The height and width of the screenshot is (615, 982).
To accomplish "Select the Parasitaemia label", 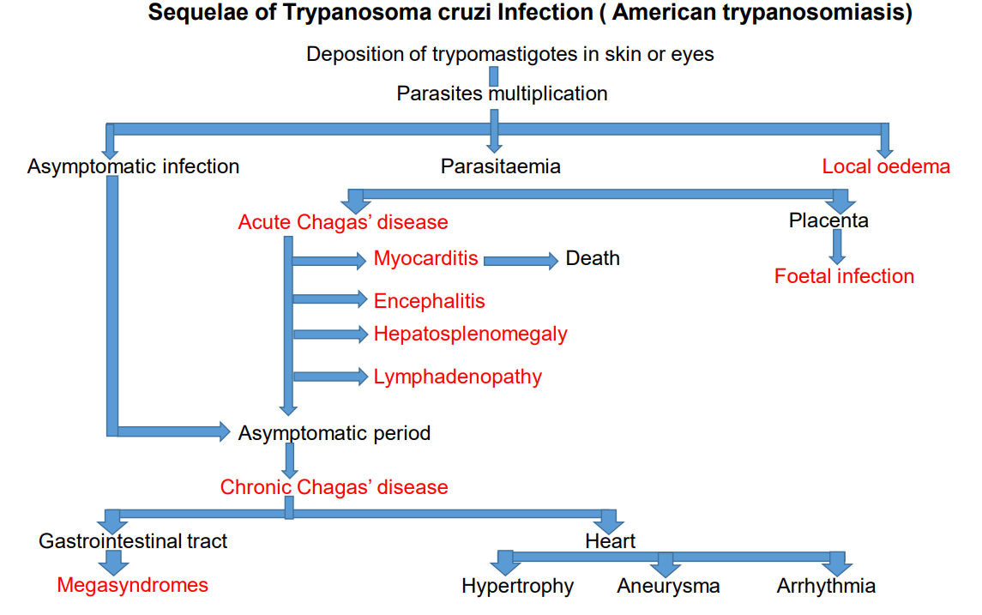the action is [500, 166].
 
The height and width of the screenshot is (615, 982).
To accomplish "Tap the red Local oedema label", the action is [886, 166].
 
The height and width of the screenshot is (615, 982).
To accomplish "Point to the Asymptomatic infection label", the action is [134, 166].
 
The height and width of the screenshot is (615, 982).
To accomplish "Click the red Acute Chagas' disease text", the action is [342, 222].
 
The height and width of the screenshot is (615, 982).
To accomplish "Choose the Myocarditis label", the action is [426, 259].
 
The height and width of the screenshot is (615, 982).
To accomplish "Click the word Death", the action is [593, 259].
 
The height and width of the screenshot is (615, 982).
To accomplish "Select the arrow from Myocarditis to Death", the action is [521, 261].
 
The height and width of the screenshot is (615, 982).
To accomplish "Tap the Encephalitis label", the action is [429, 301].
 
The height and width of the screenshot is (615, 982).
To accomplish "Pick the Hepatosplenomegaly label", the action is [470, 335].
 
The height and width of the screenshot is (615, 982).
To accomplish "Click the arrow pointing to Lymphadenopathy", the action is [331, 377].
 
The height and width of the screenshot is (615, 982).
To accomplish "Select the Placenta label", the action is [828, 220].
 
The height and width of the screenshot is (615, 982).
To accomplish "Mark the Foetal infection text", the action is [844, 276].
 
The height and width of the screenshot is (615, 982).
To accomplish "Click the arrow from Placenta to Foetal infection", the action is [837, 247].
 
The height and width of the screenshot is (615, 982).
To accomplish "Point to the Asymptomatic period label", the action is [334, 433].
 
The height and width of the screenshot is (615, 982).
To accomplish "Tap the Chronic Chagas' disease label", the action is [334, 487].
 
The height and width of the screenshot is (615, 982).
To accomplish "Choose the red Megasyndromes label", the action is [132, 585].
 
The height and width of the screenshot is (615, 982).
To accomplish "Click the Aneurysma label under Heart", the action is [668, 586].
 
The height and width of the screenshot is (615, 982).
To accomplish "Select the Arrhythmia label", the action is [826, 586].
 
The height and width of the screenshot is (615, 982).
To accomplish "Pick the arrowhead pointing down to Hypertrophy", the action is [505, 566].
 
